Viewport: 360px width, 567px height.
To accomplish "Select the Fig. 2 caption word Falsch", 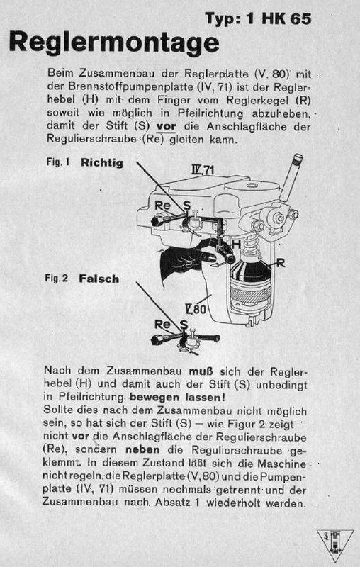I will tap(100, 279).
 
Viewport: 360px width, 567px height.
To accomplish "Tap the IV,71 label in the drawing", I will tap(203, 172).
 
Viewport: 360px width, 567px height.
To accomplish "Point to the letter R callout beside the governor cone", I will tap(281, 263).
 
